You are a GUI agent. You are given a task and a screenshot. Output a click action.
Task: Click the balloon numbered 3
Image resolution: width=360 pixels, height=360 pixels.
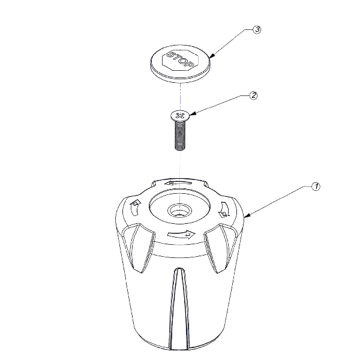tap(256, 30)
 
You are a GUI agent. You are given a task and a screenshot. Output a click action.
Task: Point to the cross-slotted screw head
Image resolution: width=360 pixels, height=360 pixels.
tap(179, 114)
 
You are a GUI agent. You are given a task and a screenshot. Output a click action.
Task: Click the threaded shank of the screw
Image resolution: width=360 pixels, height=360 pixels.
tap(179, 136)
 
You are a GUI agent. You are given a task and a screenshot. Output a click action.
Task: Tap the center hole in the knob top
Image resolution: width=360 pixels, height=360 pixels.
tap(178, 210)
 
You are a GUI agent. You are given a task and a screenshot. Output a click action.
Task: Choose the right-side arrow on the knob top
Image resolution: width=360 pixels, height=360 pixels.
tap(225, 209)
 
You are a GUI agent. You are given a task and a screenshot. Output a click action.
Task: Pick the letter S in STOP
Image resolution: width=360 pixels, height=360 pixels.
tap(170, 55)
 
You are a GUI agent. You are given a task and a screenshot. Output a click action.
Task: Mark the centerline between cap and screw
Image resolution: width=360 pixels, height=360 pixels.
tap(179, 95)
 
